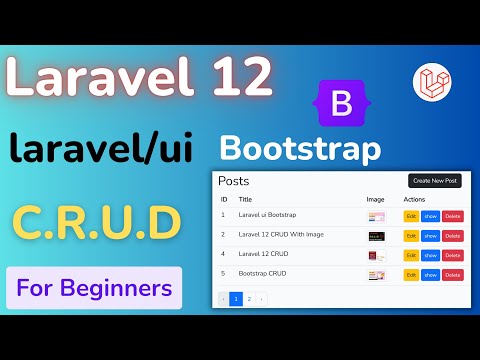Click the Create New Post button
point(434,181)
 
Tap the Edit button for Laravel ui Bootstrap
point(411,215)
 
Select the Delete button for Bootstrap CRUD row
point(453,274)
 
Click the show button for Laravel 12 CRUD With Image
point(431,235)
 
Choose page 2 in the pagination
point(249,298)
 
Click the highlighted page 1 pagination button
point(236,298)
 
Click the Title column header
point(245,200)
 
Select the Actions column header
point(415,200)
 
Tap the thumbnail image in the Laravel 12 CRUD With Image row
point(376,236)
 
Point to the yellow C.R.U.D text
point(96,220)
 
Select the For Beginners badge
point(94,289)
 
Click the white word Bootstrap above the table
point(300,150)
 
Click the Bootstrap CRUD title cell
point(262,274)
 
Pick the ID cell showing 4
point(224,255)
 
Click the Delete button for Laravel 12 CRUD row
point(453,255)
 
